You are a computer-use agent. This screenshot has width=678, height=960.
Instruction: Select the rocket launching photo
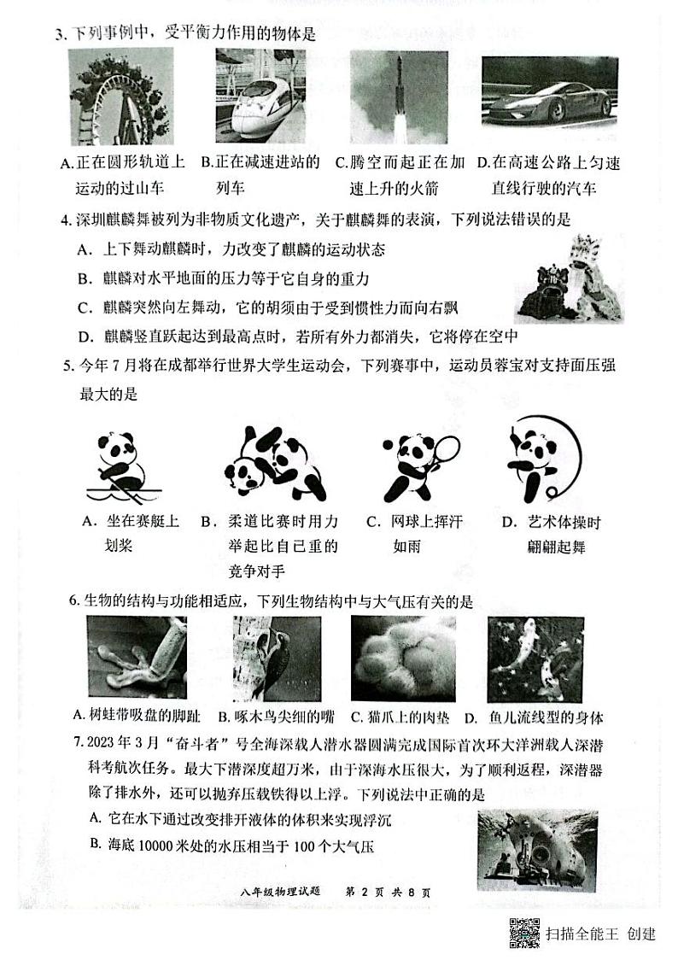click(x=393, y=97)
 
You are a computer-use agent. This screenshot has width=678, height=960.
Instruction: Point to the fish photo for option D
click(x=535, y=661)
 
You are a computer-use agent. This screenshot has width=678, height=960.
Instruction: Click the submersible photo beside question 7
click(x=537, y=850)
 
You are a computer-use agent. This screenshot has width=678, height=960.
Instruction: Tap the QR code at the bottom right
click(x=524, y=933)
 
